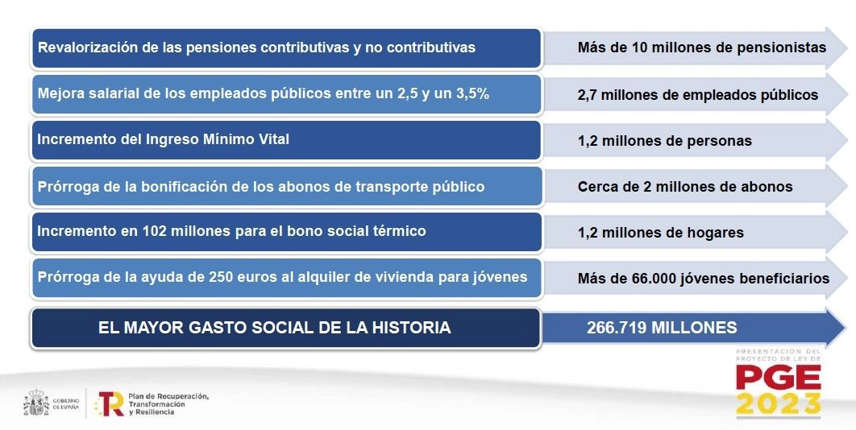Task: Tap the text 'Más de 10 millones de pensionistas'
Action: (x=701, y=48)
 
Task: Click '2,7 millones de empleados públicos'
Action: (x=697, y=95)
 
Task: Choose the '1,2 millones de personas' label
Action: (x=664, y=141)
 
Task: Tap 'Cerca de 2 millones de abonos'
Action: (x=685, y=187)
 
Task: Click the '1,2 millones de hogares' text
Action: (x=660, y=233)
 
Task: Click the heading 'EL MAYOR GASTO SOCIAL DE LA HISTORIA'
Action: (x=274, y=328)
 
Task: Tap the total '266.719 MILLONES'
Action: (x=662, y=328)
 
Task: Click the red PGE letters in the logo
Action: (x=778, y=377)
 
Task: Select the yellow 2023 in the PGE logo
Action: (x=778, y=403)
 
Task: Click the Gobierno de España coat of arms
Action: (x=36, y=403)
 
